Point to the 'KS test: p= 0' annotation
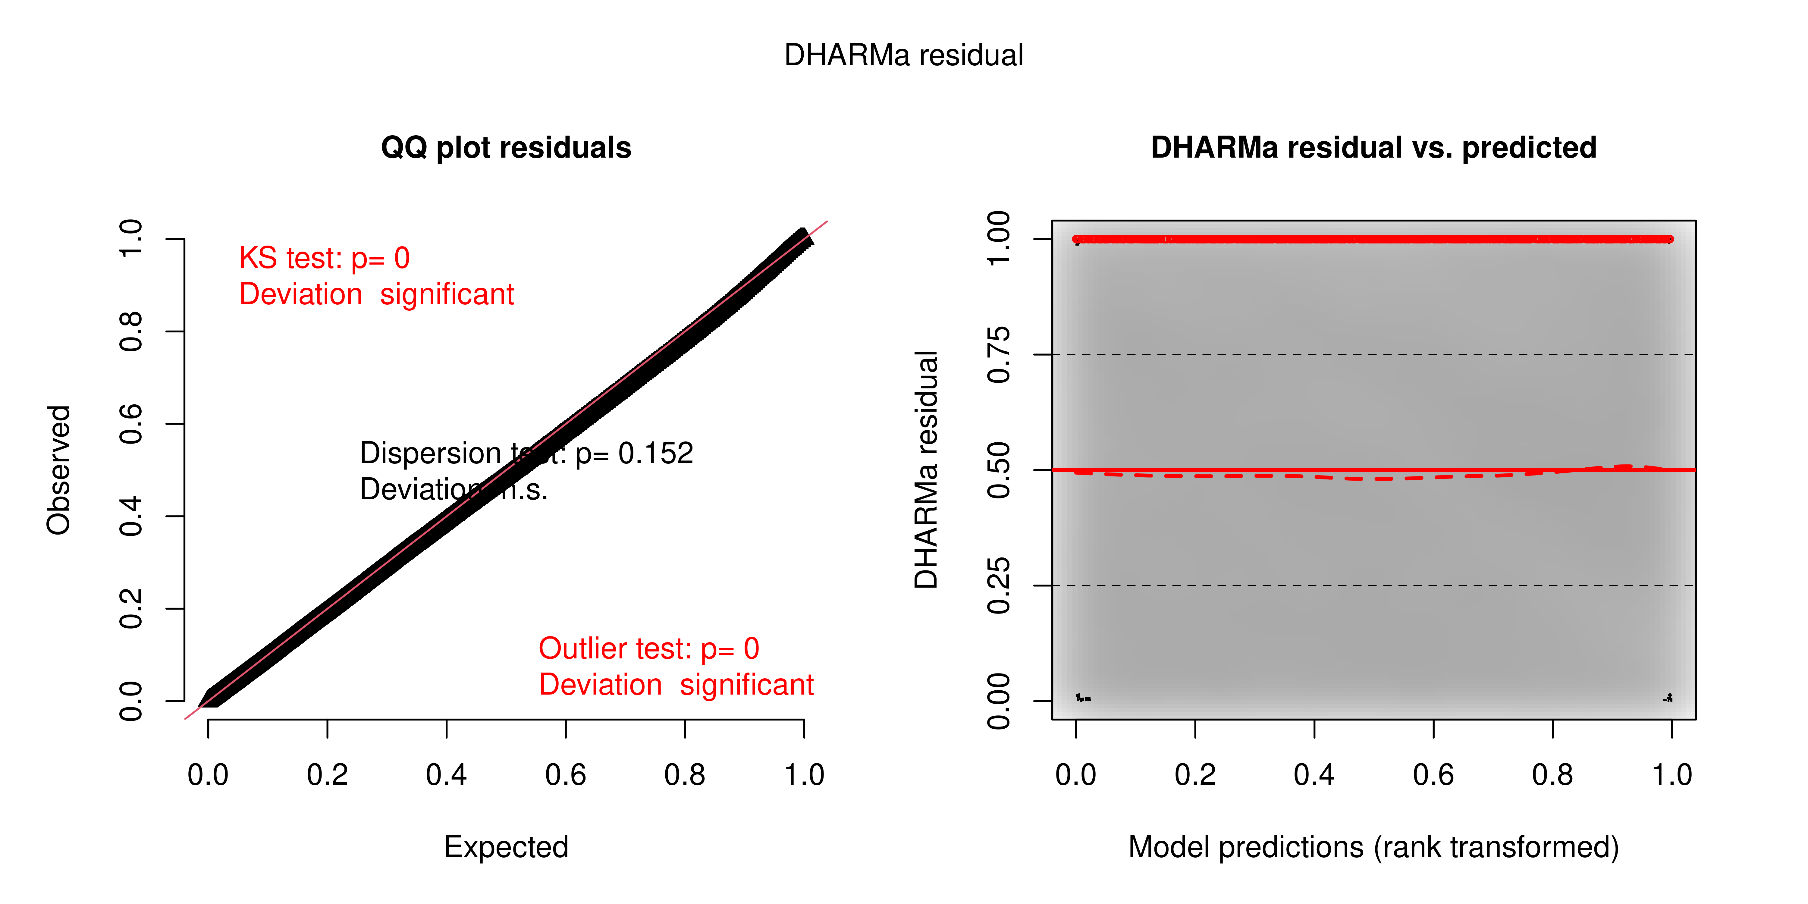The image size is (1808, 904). pyautogui.click(x=324, y=258)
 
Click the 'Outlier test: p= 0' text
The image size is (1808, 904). pyautogui.click(x=648, y=648)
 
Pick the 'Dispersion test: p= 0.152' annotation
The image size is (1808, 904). pyautogui.click(x=526, y=454)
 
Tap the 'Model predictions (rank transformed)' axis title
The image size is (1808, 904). pyautogui.click(x=1373, y=847)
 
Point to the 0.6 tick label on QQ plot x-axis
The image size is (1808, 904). pyautogui.click(x=566, y=775)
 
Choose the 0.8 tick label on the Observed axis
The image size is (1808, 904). pyautogui.click(x=131, y=331)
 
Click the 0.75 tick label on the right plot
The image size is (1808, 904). pyautogui.click(x=999, y=354)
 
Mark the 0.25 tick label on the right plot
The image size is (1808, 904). pyautogui.click(x=999, y=585)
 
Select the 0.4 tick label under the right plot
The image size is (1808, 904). pyautogui.click(x=1314, y=775)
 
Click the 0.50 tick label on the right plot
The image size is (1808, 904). pyautogui.click(x=999, y=469)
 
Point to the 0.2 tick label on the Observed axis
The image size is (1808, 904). pyautogui.click(x=131, y=608)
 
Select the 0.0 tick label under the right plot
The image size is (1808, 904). pyautogui.click(x=1076, y=775)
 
